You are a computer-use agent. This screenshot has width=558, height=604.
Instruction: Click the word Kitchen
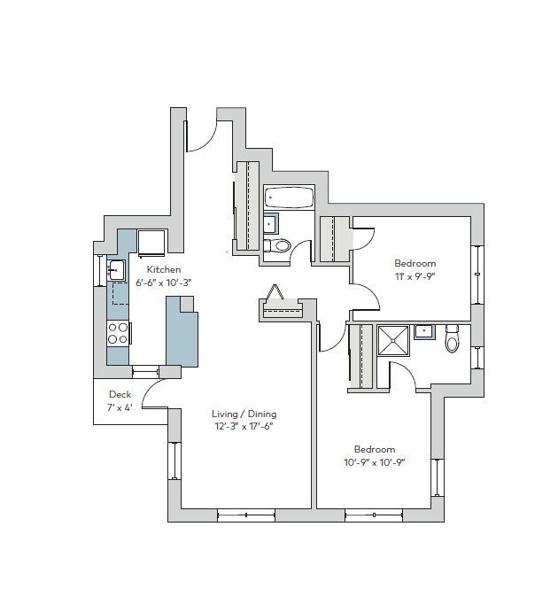[164, 269]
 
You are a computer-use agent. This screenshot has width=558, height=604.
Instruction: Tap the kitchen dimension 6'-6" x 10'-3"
[164, 282]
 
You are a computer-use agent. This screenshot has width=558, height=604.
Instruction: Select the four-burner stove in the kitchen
[119, 332]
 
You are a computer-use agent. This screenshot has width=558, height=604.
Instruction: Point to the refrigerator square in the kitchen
[151, 242]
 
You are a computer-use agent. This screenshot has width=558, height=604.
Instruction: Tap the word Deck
[120, 394]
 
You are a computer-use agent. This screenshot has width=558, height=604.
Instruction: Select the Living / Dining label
[244, 414]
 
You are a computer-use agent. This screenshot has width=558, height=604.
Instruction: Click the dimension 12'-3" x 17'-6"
[244, 426]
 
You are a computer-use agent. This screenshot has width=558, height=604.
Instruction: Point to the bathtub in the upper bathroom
[288, 198]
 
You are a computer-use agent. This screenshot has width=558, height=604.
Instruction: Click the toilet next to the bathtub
[280, 245]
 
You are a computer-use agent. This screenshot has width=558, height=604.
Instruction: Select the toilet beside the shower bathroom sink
[453, 338]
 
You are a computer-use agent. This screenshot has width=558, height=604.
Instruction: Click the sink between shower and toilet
[425, 332]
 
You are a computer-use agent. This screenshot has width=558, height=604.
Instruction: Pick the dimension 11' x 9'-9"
[415, 276]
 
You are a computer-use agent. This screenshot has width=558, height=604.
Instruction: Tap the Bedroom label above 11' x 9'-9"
[415, 263]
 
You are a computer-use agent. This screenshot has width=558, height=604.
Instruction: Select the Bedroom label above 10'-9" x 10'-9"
[375, 449]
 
